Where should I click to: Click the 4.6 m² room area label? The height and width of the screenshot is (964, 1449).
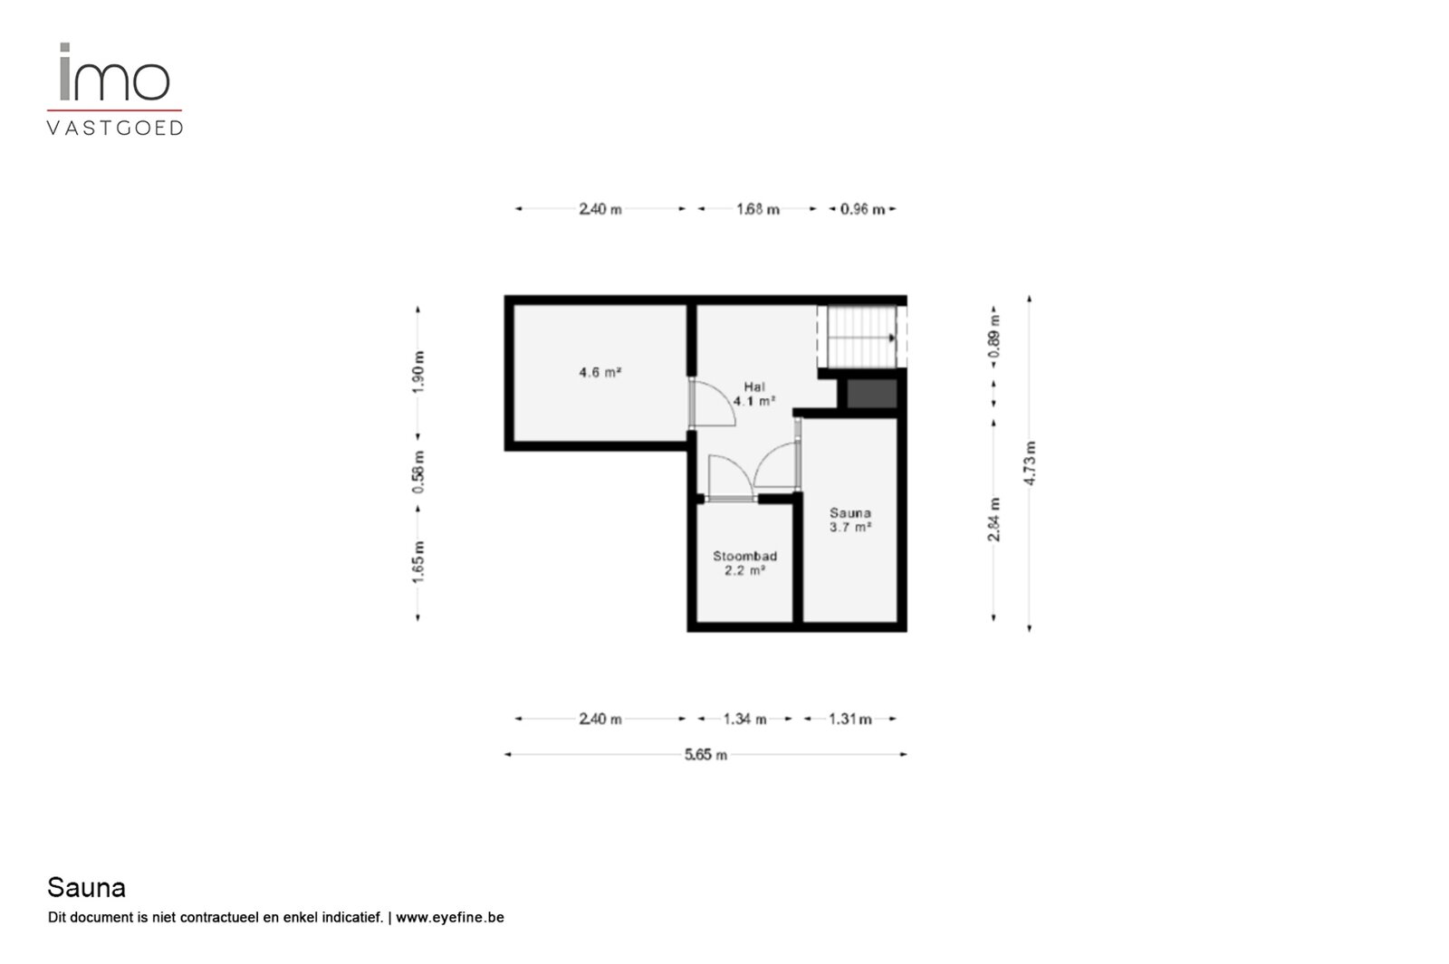(x=600, y=372)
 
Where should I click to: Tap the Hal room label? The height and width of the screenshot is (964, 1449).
(x=754, y=394)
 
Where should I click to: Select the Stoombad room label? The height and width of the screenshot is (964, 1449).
(x=744, y=563)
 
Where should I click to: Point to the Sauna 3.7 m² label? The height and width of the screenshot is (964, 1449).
(x=850, y=520)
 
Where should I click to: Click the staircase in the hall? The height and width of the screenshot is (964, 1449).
(x=861, y=337)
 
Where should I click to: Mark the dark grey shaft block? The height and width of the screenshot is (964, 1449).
(x=872, y=394)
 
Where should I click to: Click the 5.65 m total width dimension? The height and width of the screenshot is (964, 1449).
(x=705, y=755)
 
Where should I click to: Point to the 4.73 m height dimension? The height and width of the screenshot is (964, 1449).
(x=1029, y=463)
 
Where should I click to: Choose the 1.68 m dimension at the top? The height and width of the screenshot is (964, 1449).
(x=757, y=209)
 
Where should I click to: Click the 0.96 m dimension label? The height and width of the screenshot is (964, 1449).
(x=862, y=209)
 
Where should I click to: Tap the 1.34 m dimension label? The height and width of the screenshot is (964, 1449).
(x=744, y=719)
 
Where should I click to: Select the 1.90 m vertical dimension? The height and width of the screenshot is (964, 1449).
(x=418, y=372)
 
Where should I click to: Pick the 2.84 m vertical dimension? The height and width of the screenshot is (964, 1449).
(x=994, y=520)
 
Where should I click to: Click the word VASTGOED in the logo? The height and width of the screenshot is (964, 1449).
(x=115, y=128)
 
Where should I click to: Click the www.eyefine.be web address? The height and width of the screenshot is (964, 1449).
(x=449, y=918)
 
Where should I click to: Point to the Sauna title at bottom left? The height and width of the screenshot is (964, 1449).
(x=87, y=888)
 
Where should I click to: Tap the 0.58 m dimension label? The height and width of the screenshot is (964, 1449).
(x=418, y=472)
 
